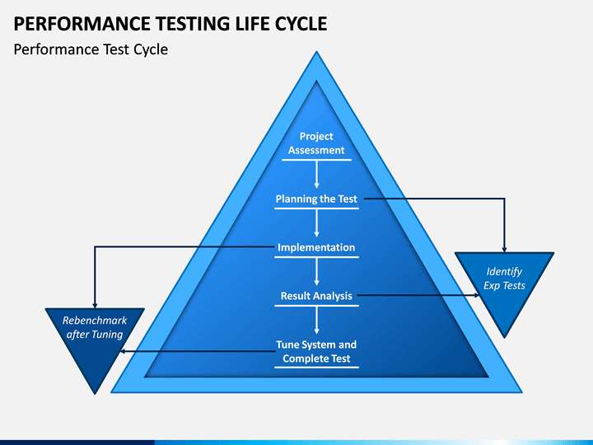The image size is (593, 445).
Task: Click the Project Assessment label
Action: (316, 143)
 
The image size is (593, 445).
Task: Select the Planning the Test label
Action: (316, 199)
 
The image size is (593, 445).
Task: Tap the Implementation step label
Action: (316, 247)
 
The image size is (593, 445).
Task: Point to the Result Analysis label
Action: (316, 296)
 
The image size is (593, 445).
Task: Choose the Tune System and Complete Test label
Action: (316, 352)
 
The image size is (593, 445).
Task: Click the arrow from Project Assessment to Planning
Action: (316, 175)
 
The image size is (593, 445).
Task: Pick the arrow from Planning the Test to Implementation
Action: (316, 222)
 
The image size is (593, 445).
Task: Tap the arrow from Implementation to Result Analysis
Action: (316, 272)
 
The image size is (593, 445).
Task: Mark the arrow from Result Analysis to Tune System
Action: (316, 320)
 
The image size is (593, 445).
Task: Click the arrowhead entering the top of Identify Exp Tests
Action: (504, 250)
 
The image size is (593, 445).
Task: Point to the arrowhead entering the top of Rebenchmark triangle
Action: (95, 305)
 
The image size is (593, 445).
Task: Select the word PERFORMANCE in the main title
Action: (82, 24)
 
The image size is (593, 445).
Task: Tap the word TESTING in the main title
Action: (193, 24)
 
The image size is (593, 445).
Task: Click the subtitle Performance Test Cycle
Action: (91, 49)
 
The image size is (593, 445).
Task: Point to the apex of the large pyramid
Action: (316, 51)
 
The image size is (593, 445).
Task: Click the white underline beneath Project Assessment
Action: (316, 160)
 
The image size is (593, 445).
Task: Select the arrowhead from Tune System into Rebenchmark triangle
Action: (123, 352)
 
